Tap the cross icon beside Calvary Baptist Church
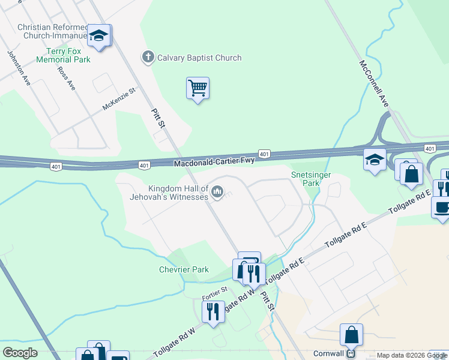point(148,58)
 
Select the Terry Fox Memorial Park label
point(63,56)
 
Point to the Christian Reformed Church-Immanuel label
point(52,31)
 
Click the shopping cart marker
point(197,89)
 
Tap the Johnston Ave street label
point(19,67)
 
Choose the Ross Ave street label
point(66,77)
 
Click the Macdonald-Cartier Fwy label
point(214,162)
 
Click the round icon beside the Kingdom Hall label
point(217,193)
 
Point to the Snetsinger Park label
point(311,179)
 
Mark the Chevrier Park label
point(184,269)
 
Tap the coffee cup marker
point(442,208)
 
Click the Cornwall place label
point(328,353)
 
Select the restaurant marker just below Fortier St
point(213,312)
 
